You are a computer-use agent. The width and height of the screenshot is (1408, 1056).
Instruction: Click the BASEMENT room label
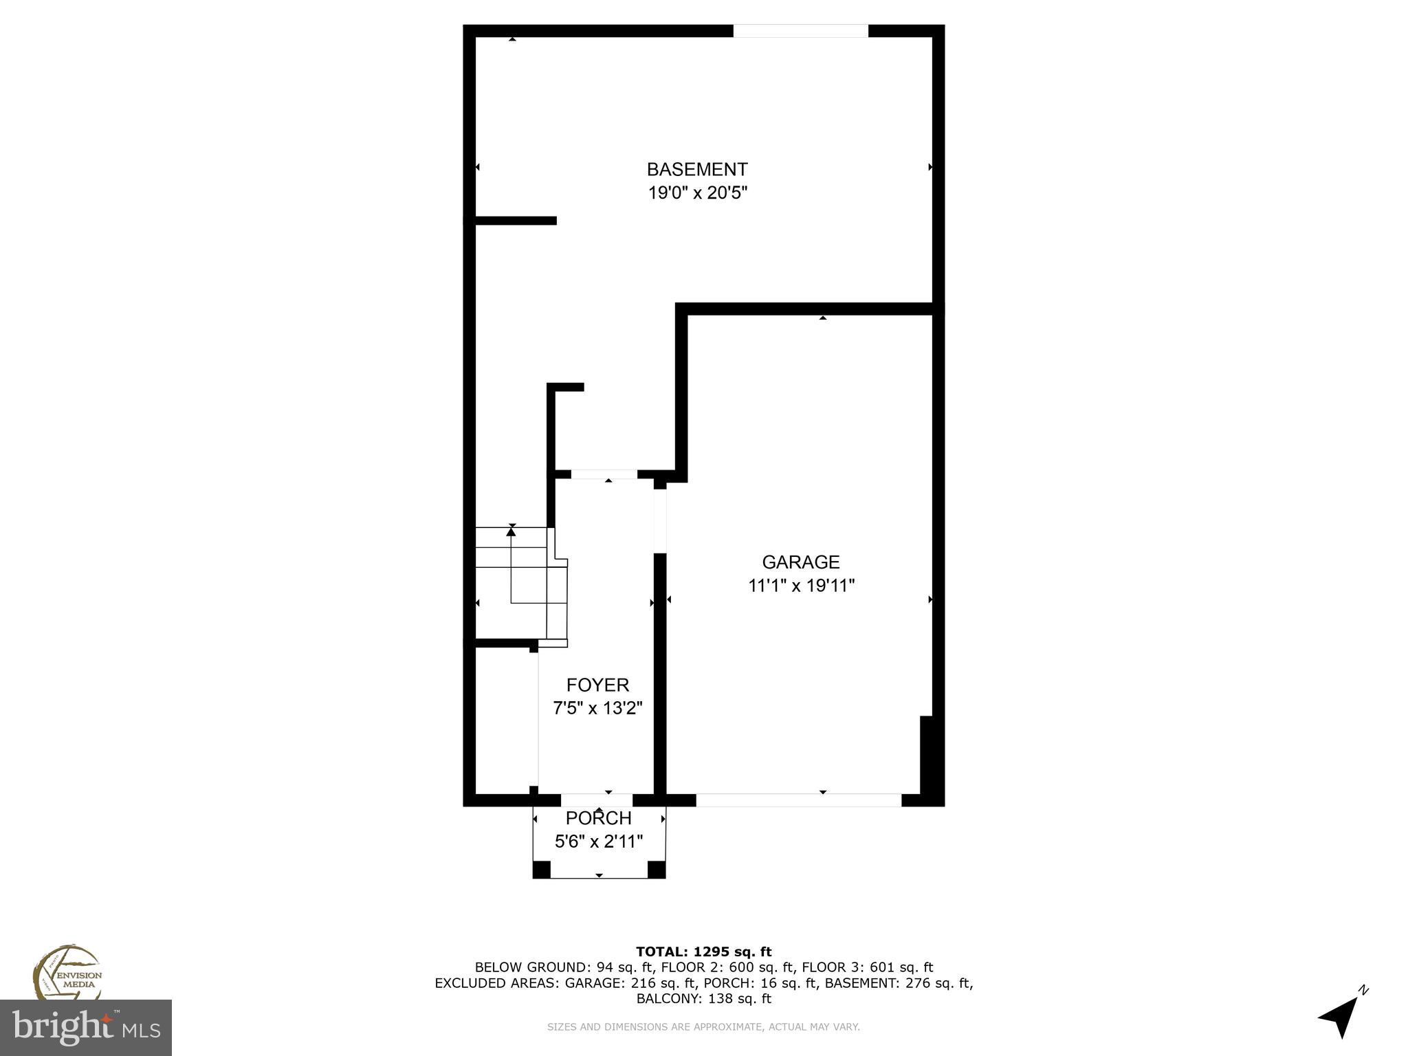tap(697, 169)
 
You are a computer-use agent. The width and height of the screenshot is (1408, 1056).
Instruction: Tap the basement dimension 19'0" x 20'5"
tap(697, 193)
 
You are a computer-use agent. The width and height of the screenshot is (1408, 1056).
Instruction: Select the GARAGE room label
tap(801, 562)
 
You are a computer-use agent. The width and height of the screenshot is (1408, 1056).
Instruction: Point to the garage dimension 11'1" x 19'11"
tap(801, 586)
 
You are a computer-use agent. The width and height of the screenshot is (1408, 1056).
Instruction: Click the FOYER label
tap(597, 685)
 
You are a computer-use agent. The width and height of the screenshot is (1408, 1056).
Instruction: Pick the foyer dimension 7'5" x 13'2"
tap(597, 708)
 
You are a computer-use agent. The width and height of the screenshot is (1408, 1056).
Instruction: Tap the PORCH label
tap(598, 818)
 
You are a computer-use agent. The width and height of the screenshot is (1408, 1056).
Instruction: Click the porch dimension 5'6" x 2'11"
tap(598, 841)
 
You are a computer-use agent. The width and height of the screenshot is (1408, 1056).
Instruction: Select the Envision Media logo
tap(67, 973)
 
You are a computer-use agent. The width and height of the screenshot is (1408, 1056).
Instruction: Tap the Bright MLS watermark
tap(86, 1028)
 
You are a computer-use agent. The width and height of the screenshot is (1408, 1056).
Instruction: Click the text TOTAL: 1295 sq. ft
tap(703, 951)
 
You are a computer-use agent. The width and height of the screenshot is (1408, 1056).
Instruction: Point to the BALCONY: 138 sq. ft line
tap(703, 999)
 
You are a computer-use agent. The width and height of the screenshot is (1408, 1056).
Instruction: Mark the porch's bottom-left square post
tap(542, 870)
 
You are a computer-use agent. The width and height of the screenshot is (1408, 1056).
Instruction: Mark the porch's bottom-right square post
tap(657, 870)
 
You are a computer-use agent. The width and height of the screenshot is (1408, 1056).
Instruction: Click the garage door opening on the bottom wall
tap(798, 800)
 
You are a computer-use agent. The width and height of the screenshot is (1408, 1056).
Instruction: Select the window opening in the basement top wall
tap(800, 31)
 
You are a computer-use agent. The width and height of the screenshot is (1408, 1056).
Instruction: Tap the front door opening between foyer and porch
tap(597, 800)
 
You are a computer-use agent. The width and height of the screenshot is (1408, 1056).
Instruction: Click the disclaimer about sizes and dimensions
tap(703, 1027)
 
